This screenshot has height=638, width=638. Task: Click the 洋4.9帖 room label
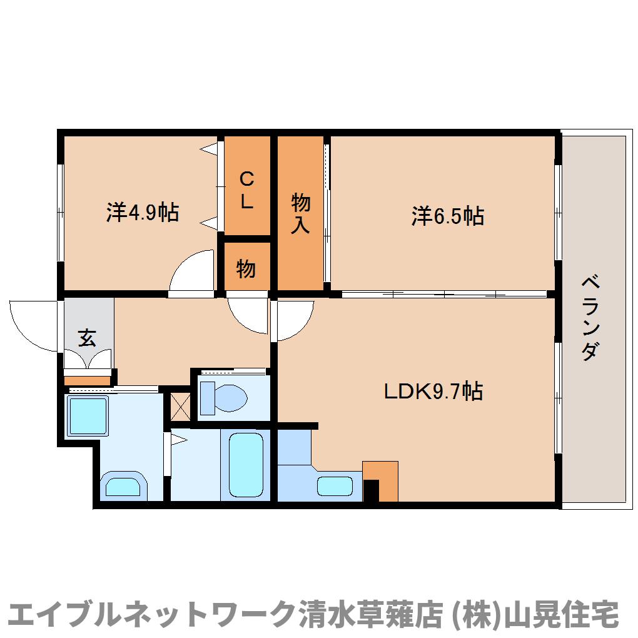[143, 213]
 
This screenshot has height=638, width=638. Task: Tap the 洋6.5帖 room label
[447, 216]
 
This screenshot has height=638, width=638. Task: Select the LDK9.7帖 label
[433, 392]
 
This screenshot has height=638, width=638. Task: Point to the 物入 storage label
[300, 213]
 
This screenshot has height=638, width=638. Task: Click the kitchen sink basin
[335, 486]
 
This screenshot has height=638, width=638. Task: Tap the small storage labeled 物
[246, 269]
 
